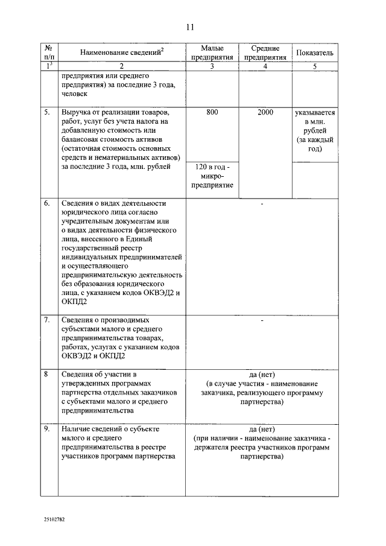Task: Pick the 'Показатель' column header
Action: [x=314, y=53]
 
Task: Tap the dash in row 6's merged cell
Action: [x=262, y=204]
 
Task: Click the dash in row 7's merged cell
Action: [x=262, y=320]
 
